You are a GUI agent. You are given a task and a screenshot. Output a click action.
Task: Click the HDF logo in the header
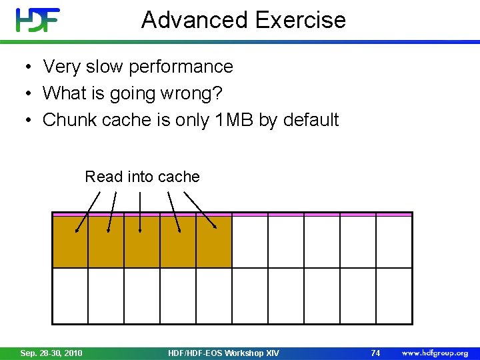[x=38, y=20]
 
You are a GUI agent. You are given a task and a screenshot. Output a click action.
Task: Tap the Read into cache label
[x=142, y=177]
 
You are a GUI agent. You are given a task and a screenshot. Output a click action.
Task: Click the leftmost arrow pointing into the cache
[x=87, y=212]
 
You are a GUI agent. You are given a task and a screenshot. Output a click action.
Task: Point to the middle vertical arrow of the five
[x=140, y=212]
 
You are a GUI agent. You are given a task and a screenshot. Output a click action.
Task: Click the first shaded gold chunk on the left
[x=70, y=242]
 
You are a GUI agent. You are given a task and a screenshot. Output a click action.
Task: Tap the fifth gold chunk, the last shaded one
[x=214, y=242]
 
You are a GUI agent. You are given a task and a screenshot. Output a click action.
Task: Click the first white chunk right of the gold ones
[x=250, y=242]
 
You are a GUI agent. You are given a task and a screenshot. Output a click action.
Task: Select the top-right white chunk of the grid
[x=394, y=242]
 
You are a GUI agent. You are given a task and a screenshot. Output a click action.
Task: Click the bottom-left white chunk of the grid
[x=70, y=295]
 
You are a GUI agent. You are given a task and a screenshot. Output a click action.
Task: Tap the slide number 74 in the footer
[x=375, y=353]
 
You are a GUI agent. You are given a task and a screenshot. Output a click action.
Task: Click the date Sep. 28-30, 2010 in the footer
[x=51, y=353]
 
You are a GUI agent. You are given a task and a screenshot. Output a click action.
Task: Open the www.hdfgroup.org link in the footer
[x=435, y=353]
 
